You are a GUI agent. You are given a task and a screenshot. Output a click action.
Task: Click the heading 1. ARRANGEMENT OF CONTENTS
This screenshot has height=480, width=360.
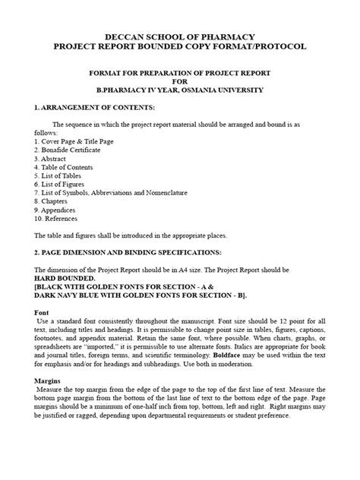click(95, 108)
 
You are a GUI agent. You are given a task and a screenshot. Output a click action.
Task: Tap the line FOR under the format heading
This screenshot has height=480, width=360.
click(179, 81)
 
